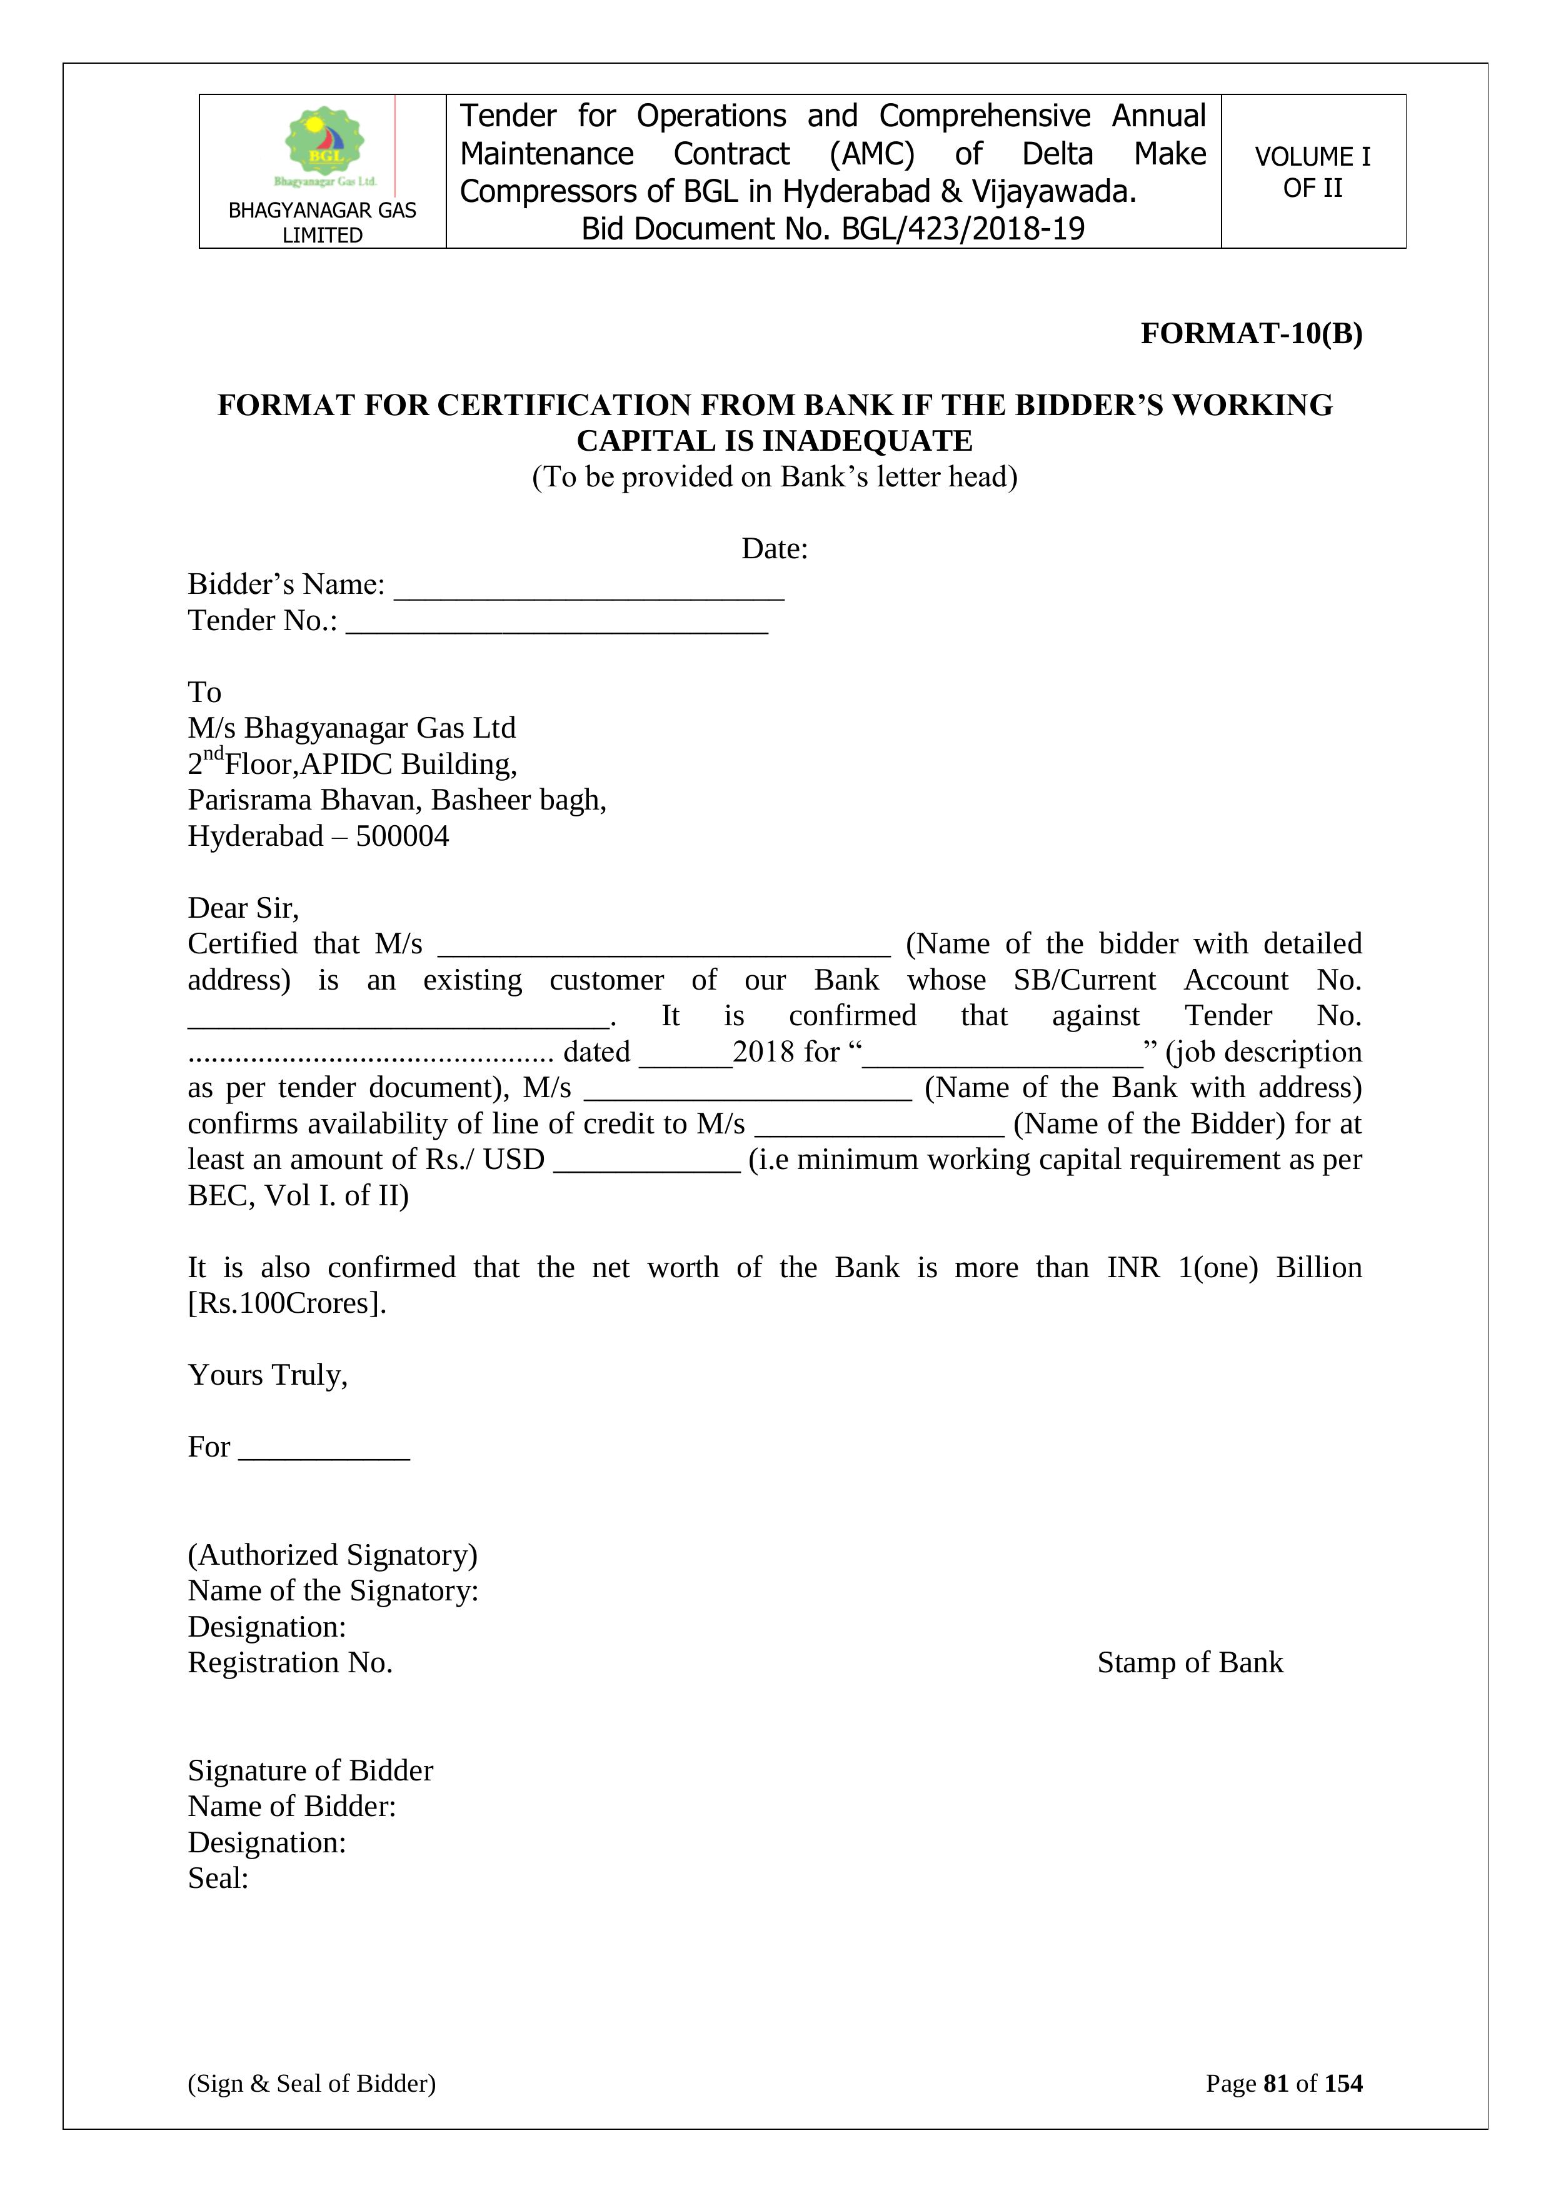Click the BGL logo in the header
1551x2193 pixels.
point(324,145)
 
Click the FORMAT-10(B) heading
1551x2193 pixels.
point(1251,333)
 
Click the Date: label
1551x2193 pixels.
point(775,550)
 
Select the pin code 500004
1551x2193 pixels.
point(402,836)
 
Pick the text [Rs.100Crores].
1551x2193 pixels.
point(286,1304)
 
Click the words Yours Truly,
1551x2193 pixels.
point(268,1375)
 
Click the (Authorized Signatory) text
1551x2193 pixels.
point(333,1555)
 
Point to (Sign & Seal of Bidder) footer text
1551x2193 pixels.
point(311,2084)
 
